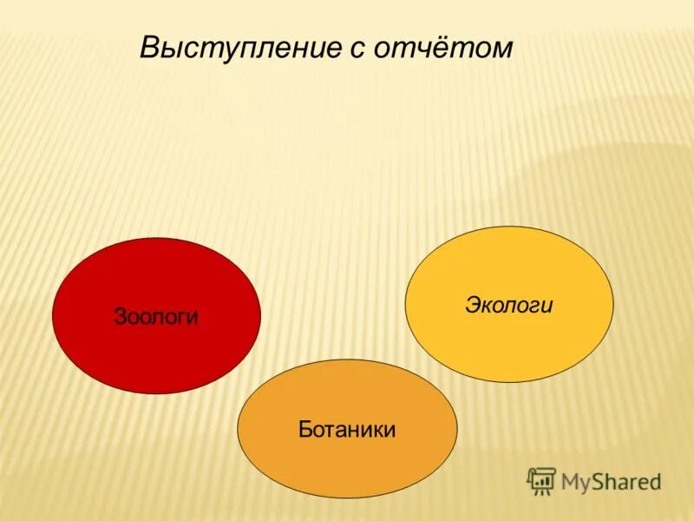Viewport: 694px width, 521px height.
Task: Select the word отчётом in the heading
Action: point(443,48)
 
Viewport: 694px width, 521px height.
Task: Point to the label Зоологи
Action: point(156,317)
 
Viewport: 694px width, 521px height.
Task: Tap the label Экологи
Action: point(509,306)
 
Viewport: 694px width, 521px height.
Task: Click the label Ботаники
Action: point(347,429)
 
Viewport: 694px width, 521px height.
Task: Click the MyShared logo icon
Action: point(541,480)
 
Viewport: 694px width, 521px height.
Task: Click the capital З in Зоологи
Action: point(120,317)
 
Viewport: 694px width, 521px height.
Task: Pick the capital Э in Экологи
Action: point(473,306)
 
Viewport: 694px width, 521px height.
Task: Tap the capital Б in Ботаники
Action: point(304,429)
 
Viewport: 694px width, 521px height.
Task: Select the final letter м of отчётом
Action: point(502,49)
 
